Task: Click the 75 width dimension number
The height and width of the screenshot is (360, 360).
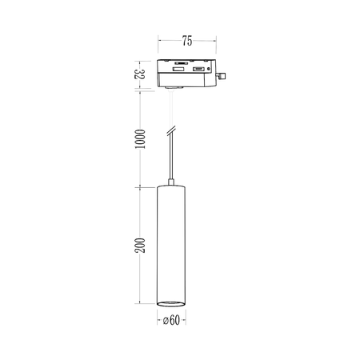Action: click(x=186, y=38)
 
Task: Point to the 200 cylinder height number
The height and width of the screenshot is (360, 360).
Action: click(x=139, y=246)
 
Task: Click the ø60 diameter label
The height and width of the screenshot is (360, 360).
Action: click(x=170, y=322)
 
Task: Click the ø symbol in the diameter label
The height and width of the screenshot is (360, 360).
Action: click(x=162, y=322)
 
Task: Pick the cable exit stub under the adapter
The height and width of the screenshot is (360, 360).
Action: click(x=170, y=90)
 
